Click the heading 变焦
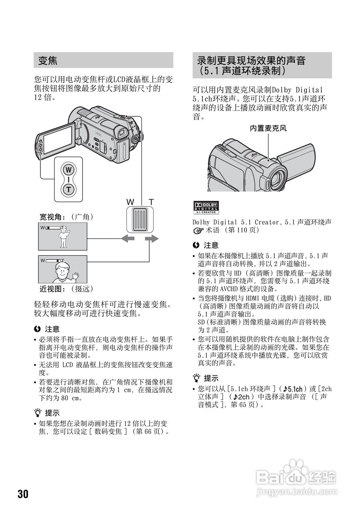[x=48, y=61]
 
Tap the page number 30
[x=23, y=494]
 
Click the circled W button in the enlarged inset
[x=69, y=170]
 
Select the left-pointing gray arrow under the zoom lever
[x=129, y=239]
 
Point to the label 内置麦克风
[x=268, y=128]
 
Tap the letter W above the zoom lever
[x=130, y=202]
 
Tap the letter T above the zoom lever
[x=151, y=202]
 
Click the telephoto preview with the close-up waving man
[x=62, y=269]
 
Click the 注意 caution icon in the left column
[x=38, y=329]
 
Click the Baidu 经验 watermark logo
[x=296, y=477]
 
